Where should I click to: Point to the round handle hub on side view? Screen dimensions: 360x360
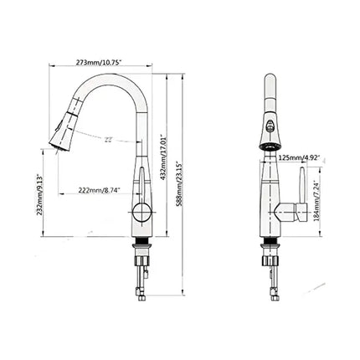(x=142, y=210)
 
